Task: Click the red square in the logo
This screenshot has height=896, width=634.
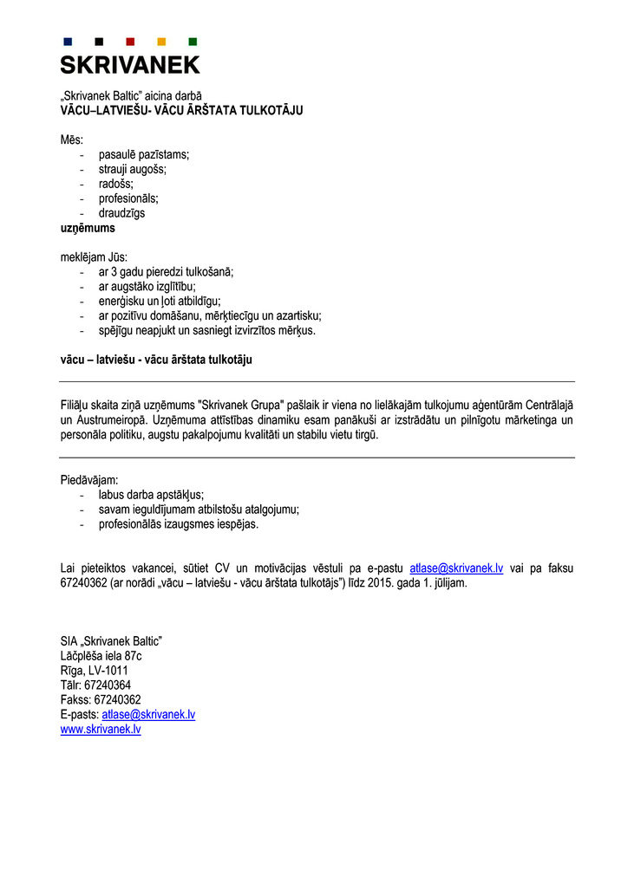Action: (130, 42)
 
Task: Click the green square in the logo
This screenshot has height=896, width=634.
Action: (193, 42)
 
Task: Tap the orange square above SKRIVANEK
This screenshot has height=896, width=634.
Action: (161, 42)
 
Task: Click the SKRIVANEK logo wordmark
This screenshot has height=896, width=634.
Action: (130, 64)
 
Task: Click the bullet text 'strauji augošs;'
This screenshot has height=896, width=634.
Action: (132, 169)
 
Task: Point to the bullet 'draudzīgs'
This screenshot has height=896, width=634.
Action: (121, 213)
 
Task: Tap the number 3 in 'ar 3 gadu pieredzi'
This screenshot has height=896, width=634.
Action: (116, 271)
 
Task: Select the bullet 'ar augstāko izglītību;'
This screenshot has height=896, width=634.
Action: (147, 286)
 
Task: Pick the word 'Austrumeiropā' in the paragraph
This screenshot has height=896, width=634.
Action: (110, 420)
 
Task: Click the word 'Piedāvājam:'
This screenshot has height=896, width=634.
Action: (89, 479)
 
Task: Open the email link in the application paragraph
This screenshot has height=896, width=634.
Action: (456, 568)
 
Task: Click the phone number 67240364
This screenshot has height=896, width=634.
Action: (108, 685)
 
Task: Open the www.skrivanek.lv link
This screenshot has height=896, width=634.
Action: (101, 730)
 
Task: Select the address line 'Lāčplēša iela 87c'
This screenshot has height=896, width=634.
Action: (101, 655)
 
